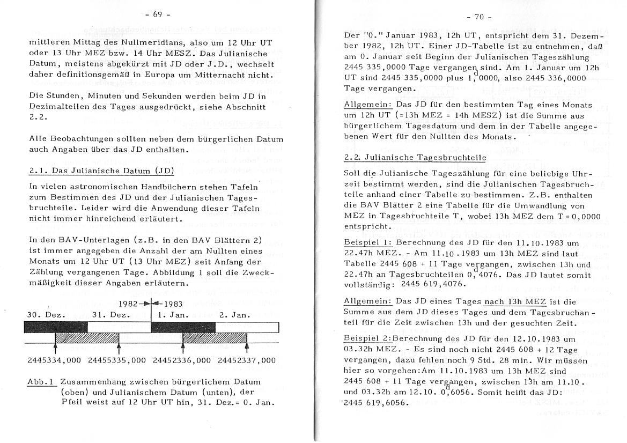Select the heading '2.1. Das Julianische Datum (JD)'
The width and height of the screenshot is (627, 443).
coord(101,172)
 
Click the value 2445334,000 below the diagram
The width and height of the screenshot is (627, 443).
coord(54,360)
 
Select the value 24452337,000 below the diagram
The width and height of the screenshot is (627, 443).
coord(247,360)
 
